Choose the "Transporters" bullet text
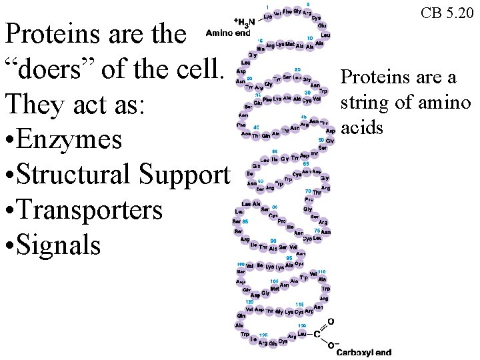click(90, 209)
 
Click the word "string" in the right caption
click(363, 103)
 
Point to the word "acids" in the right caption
click(362, 127)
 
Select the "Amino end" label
click(228, 32)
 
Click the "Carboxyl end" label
click(363, 352)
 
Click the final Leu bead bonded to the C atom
click(302, 333)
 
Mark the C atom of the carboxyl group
click(317, 334)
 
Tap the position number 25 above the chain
click(297, 70)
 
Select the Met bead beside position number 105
click(275, 289)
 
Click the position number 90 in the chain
click(272, 240)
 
